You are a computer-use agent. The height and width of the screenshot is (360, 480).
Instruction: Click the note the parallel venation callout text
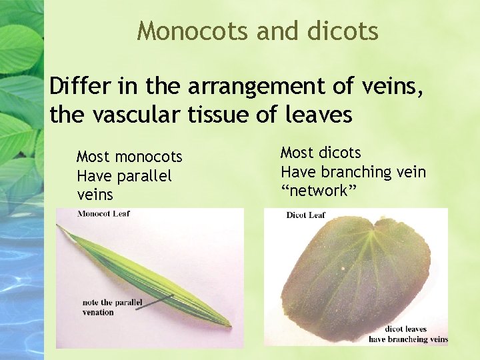(x=112, y=307)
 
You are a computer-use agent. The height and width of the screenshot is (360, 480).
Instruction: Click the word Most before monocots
(x=92, y=157)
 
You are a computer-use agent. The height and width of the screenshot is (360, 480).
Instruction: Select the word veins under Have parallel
(x=95, y=195)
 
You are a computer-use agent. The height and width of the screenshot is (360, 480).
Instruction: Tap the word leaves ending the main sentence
(x=318, y=115)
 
